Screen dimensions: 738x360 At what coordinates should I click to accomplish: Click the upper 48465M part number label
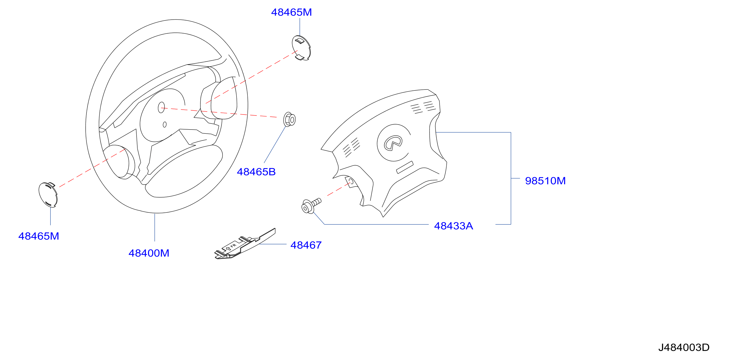click(x=291, y=12)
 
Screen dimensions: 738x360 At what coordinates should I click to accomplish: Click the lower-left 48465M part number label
click(x=39, y=236)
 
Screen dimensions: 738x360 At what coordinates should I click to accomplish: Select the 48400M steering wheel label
click(x=149, y=253)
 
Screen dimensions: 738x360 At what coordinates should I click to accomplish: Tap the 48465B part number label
click(x=256, y=172)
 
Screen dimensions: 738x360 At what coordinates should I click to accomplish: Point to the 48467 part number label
click(x=306, y=245)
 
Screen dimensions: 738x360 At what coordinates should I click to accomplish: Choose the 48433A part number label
click(x=453, y=226)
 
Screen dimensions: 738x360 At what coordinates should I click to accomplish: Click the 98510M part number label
click(x=545, y=181)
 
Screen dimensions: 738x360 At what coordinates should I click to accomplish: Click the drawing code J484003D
click(x=684, y=347)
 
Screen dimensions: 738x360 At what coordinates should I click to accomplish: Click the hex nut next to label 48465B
click(x=289, y=119)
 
